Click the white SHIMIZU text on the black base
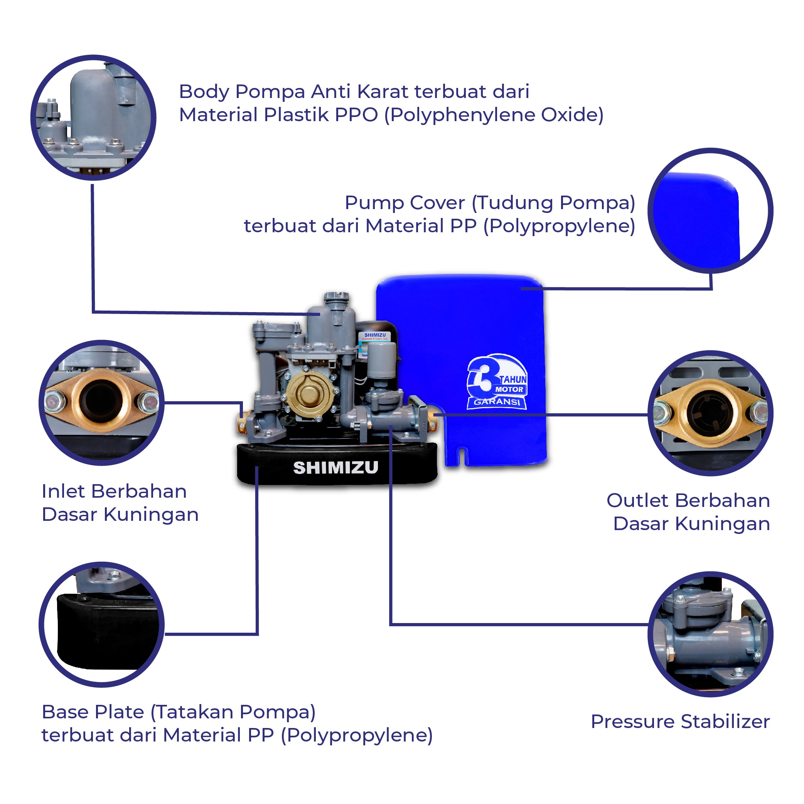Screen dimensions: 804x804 click(335, 468)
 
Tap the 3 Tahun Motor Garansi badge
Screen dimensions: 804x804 click(497, 382)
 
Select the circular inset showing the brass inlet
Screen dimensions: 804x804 click(101, 403)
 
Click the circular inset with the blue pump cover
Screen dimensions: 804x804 click(710, 211)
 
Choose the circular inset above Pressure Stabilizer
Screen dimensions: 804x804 click(710, 634)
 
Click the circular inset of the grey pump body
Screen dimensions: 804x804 click(93, 117)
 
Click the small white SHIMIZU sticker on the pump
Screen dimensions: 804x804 click(374, 336)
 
